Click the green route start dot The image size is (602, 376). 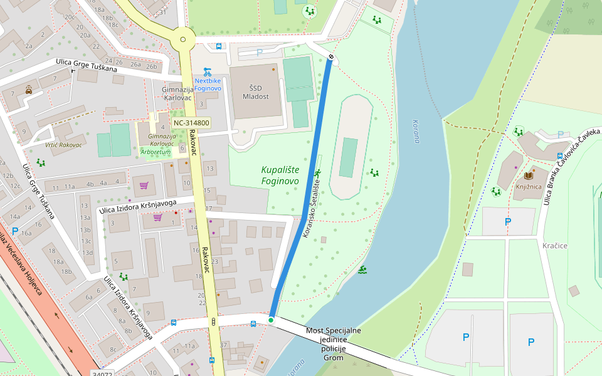271,320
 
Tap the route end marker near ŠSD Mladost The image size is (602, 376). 330,57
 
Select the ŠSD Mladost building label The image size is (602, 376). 255,92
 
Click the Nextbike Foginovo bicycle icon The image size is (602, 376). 208,71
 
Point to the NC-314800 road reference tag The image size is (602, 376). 191,123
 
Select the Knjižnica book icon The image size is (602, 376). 528,176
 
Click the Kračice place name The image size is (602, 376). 554,246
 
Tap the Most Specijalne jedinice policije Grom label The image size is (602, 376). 333,344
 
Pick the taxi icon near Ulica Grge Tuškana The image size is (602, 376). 29,90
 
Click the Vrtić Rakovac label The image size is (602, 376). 63,145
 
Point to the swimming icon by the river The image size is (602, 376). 362,271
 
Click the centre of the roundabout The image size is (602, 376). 183,39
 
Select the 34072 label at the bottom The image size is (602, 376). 101,373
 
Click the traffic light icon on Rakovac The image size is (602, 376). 214,322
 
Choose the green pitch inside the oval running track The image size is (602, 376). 349,157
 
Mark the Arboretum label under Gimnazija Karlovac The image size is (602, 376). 156,152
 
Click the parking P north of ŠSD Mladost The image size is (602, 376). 260,53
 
